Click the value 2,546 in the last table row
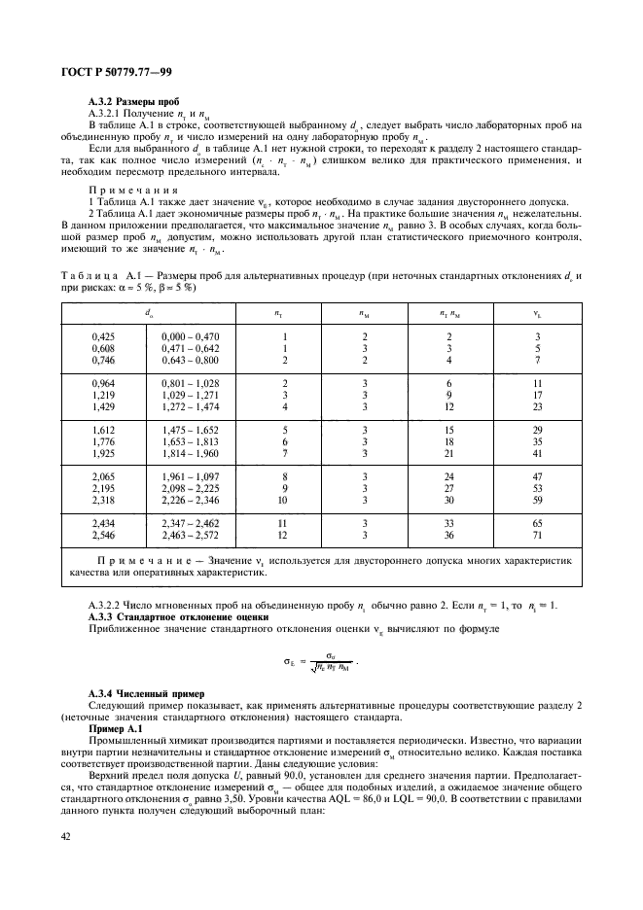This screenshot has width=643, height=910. click(x=103, y=536)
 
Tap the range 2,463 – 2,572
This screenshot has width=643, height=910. click(x=191, y=536)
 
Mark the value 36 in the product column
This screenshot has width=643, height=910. click(x=448, y=536)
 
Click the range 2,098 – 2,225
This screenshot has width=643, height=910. click(x=191, y=487)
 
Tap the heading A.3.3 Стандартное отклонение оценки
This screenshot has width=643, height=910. click(x=165, y=616)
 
